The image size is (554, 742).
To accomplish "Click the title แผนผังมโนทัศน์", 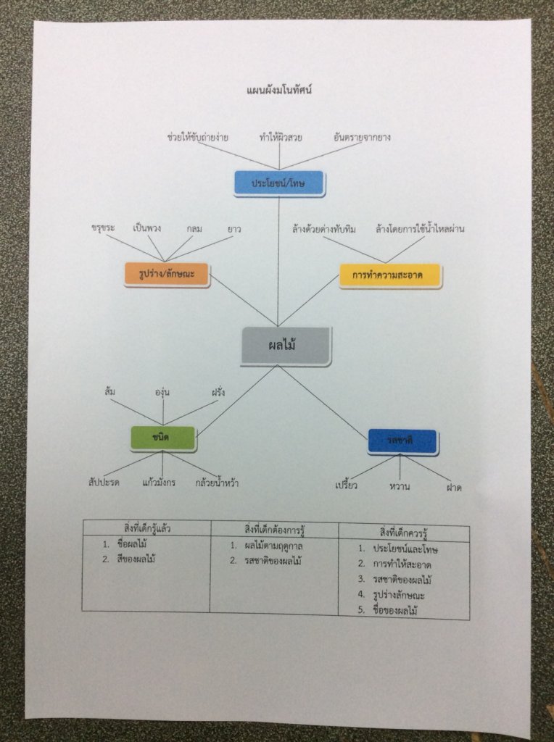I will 279,91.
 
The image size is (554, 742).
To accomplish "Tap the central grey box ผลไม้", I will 286,346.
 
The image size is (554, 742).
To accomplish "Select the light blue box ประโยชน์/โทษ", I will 279,183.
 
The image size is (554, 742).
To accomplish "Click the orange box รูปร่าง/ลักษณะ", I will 166,274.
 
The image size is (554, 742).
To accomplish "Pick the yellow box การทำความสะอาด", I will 390,276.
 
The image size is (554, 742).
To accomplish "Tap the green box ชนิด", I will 162,438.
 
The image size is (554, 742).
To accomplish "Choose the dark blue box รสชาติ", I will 402,441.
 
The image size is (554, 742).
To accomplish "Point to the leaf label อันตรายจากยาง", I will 362,136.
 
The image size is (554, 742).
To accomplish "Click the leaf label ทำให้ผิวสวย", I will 281,136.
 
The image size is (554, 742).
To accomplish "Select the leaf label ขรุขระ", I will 104,229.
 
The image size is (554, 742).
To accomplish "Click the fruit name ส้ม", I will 110,392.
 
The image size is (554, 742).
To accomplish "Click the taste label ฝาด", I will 454,488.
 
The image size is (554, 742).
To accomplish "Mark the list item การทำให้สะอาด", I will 406,564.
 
